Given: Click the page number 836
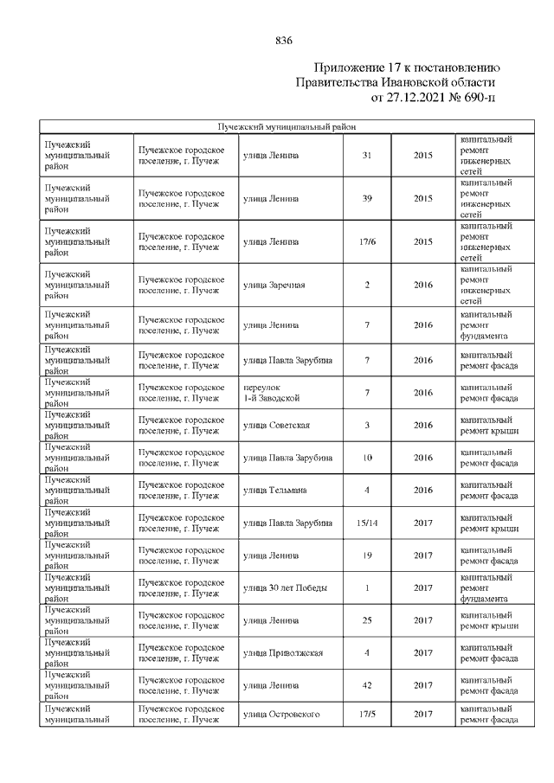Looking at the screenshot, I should (284, 41).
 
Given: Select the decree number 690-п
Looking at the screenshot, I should (479, 98).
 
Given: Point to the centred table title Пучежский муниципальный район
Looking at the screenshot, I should (287, 127).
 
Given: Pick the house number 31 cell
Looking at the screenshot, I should (367, 156).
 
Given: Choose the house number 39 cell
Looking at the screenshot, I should (367, 199).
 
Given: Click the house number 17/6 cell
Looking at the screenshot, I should (367, 241).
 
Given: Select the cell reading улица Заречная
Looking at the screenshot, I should (274, 285).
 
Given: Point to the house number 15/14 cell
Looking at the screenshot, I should (367, 523).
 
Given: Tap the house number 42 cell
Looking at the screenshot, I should (367, 686).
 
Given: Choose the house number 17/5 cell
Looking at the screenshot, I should (367, 715).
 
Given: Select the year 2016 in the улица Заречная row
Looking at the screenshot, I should (423, 285).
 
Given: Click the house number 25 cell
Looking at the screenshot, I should (367, 620).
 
